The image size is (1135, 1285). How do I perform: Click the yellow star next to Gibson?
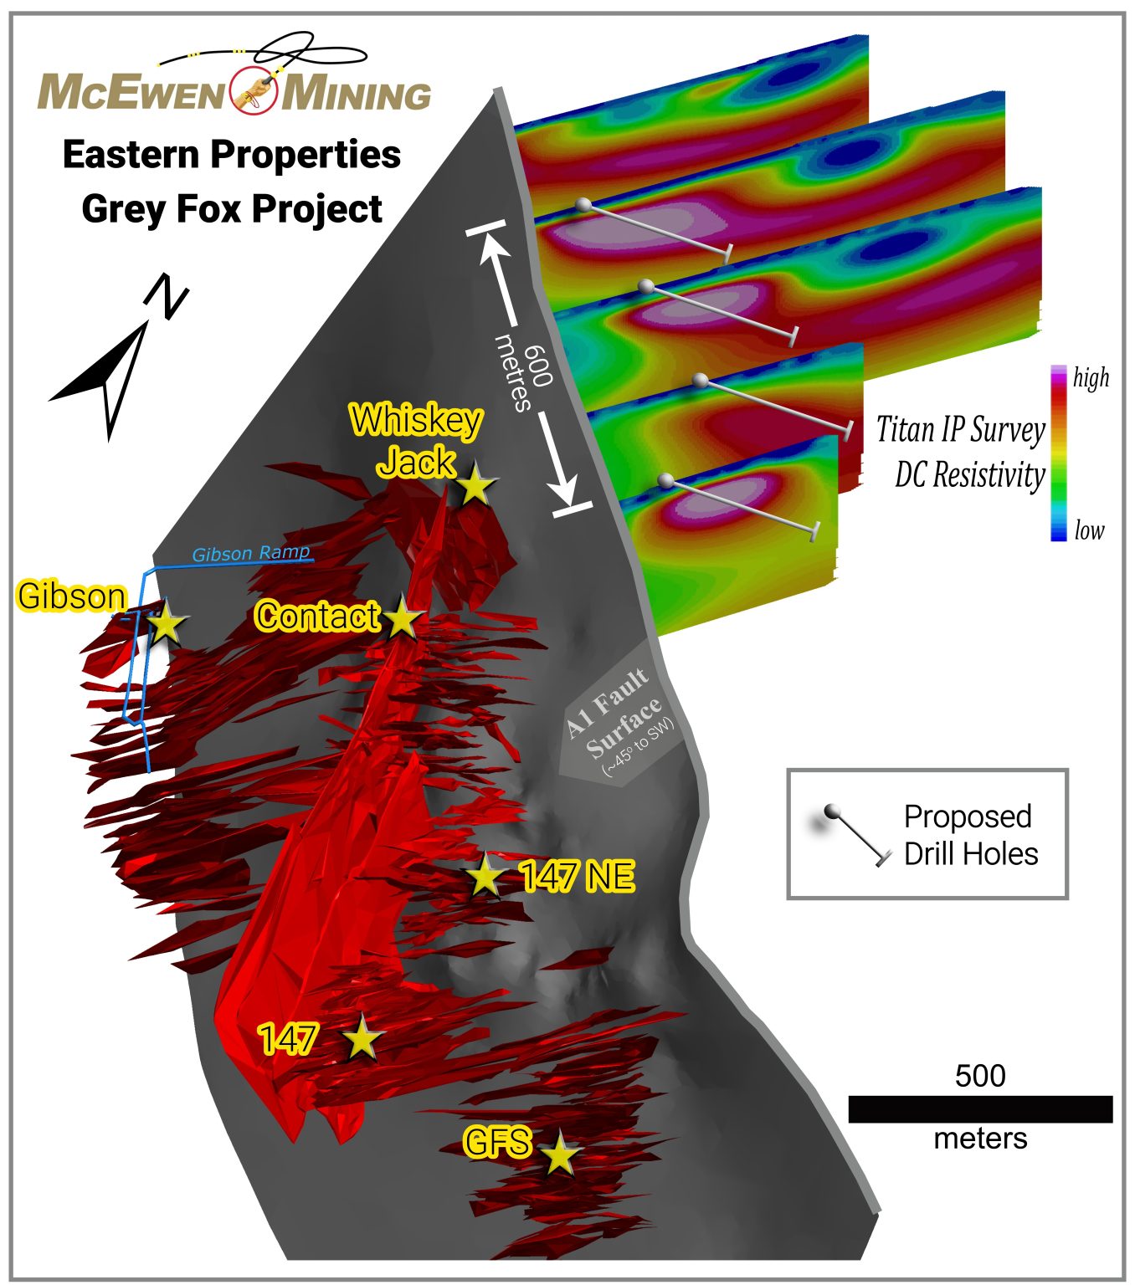(166, 622)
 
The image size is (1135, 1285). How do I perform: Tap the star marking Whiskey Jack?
(475, 484)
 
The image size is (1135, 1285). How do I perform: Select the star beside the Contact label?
(403, 619)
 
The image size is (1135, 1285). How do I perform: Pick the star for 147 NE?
(485, 877)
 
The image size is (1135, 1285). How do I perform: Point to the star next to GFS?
(560, 1155)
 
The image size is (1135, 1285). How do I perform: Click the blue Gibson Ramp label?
(251, 553)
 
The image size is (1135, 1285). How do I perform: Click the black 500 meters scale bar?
(980, 1108)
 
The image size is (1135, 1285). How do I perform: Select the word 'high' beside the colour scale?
(1091, 378)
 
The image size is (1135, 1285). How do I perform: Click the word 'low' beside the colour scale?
(1089, 530)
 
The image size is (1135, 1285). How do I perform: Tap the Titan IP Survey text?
(961, 430)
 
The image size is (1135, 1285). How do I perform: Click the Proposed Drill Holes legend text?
(970, 835)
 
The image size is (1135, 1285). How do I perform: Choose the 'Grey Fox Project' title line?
(232, 208)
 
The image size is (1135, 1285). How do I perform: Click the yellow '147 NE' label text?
(577, 877)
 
